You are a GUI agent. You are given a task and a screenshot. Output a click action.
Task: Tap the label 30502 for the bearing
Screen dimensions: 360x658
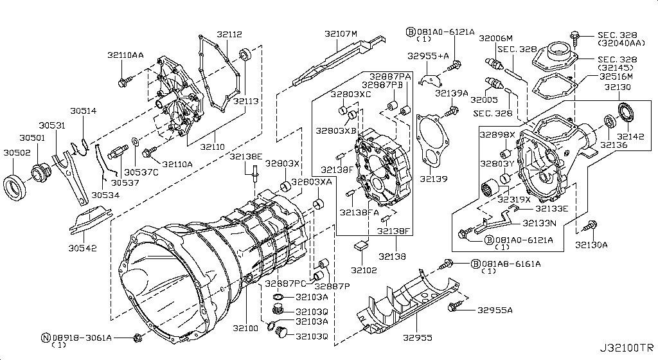point(17,152)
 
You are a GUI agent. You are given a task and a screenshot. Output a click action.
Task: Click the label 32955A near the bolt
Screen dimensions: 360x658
point(494,310)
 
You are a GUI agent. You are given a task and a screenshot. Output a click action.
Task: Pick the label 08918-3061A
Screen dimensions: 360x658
point(82,337)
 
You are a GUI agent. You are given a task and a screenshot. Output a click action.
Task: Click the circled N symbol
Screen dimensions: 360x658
point(46,337)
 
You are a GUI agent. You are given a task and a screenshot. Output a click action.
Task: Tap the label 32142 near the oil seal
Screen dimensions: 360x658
point(630,136)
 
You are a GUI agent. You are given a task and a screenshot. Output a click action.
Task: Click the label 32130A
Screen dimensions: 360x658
point(592,244)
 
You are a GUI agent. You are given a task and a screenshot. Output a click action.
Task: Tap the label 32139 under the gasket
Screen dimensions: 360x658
point(434,179)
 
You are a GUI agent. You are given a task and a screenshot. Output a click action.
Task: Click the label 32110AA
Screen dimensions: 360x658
point(126,55)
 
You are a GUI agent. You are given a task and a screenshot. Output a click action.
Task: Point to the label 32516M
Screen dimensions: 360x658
point(616,76)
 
